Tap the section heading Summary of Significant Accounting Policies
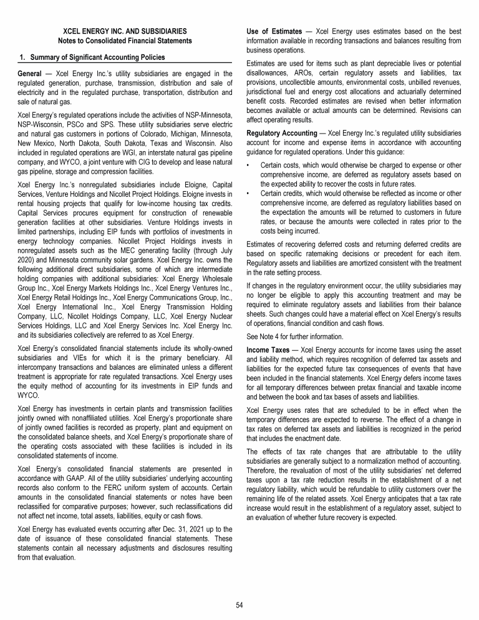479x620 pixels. [x=96, y=57]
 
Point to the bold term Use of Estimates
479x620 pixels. [x=275, y=31]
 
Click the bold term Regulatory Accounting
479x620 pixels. [x=282, y=133]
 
